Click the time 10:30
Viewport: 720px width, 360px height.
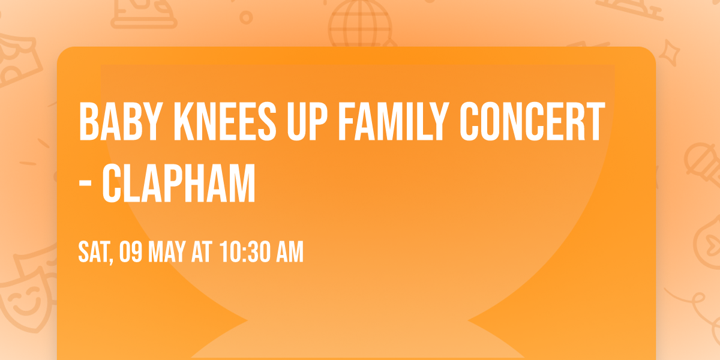coord(243,253)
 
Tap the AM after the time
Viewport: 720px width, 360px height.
coord(289,253)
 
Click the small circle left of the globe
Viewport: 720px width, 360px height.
coord(246,17)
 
